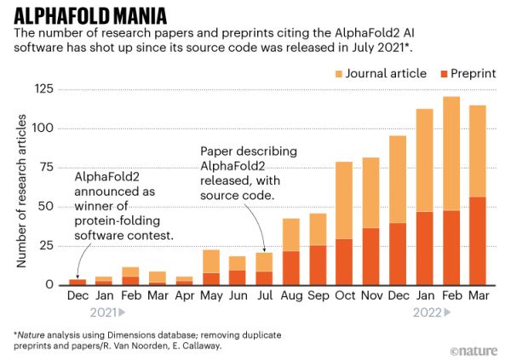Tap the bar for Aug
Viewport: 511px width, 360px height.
[291, 251]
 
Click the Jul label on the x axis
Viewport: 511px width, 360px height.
[264, 295]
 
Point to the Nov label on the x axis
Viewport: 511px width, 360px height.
[372, 295]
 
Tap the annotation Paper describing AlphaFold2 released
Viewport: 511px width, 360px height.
[238, 173]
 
